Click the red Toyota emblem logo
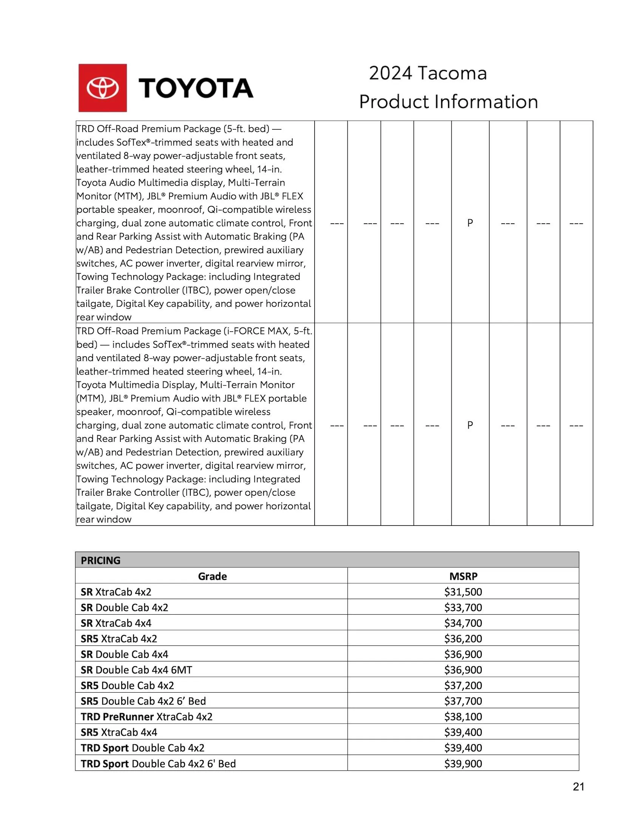102,88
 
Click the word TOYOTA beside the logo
196,88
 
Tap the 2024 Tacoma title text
427,73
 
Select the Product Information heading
448,102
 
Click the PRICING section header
100,561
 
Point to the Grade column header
212,576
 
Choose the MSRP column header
463,576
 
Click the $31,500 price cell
463,592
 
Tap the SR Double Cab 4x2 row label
124,607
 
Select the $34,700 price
463,623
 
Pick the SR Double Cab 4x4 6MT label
136,670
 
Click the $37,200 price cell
463,685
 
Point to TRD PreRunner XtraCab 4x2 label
147,716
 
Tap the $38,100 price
463,716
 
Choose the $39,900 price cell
463,763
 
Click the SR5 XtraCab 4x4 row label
119,732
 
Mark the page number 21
578,787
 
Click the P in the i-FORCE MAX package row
470,425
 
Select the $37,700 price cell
463,701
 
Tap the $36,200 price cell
463,638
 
